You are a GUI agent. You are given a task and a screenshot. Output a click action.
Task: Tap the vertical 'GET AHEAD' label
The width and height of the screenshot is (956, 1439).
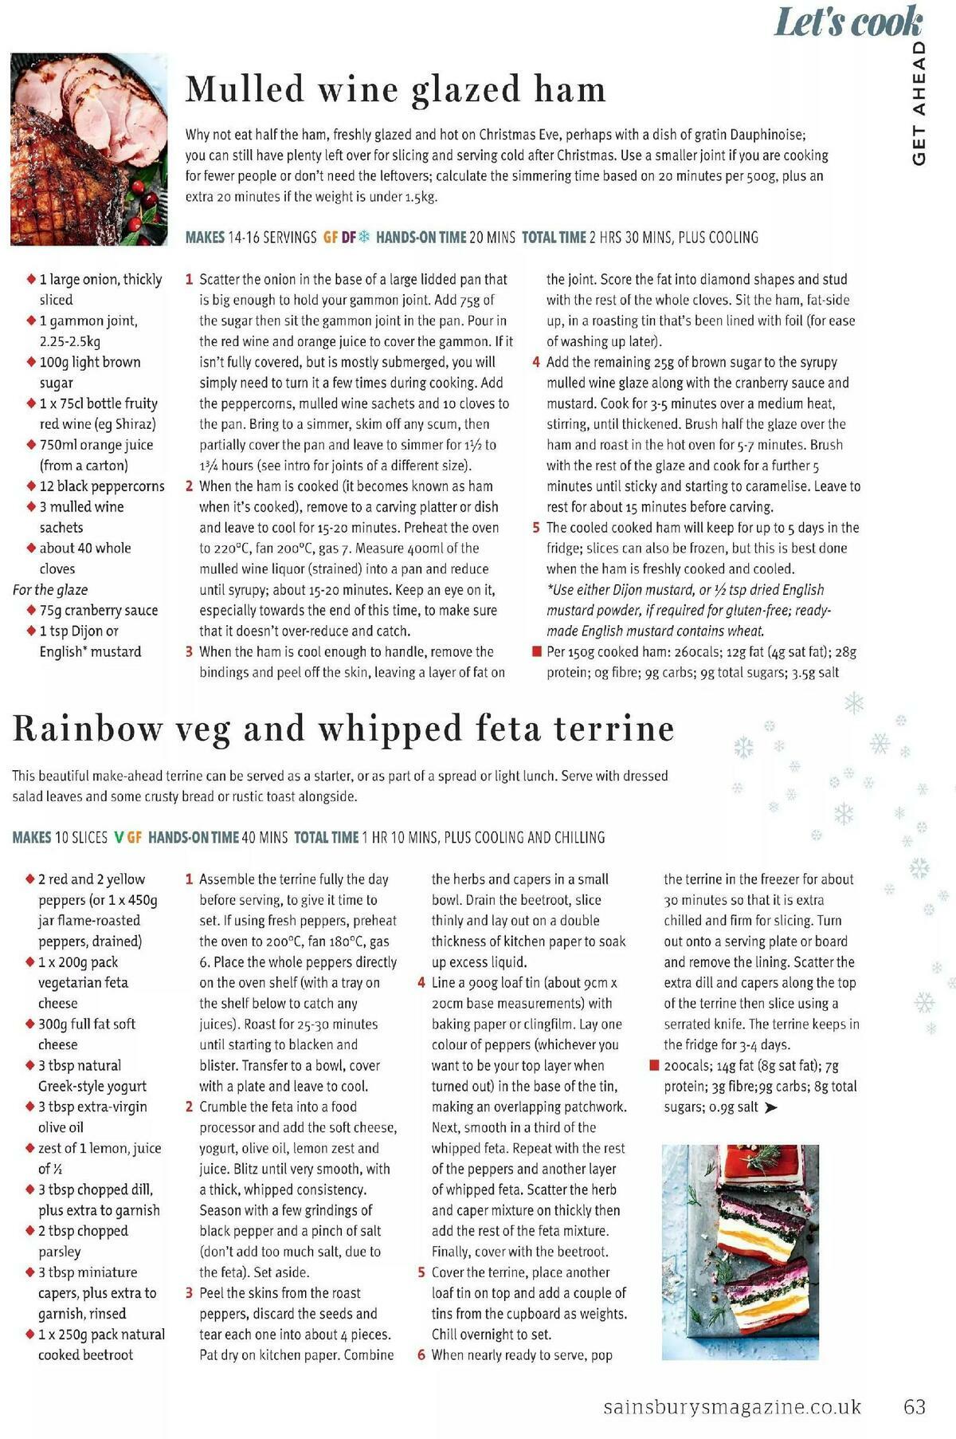919,104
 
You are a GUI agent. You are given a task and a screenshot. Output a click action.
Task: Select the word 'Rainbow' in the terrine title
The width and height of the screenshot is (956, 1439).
88,728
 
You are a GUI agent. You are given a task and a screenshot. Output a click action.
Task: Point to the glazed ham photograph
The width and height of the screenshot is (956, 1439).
88,149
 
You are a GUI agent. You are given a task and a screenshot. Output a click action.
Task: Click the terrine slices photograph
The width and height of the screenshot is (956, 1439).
740,1252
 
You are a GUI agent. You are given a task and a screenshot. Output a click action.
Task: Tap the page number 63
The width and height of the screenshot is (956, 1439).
915,1406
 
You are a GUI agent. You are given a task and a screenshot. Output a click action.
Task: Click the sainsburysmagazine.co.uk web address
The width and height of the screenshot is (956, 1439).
732,1407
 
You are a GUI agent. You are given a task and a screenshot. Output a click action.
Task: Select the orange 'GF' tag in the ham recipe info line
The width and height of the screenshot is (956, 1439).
331,238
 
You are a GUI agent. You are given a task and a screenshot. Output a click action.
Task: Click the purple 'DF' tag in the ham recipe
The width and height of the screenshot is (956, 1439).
349,238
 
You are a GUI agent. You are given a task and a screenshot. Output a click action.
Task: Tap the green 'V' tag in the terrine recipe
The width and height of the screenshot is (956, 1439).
119,837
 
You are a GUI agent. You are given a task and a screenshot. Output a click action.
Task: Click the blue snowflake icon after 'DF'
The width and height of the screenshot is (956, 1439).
364,238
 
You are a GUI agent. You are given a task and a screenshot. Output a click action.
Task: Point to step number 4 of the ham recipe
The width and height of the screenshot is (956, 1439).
536,362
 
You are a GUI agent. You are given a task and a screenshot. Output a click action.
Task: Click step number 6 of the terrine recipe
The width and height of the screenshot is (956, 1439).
421,1354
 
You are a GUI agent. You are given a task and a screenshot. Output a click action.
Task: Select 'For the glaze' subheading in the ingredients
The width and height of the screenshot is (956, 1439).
50,590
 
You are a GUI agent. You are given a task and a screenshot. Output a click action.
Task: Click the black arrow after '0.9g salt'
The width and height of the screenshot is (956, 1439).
770,1107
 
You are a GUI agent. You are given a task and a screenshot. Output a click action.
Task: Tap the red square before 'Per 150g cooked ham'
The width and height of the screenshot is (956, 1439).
536,652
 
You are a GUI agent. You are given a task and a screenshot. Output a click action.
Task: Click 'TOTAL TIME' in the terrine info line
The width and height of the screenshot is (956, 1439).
326,837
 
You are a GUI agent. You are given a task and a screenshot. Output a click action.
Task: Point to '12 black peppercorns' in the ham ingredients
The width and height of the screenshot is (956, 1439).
102,486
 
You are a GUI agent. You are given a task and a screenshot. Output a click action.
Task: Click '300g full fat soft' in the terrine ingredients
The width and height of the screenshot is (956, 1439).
87,1024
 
